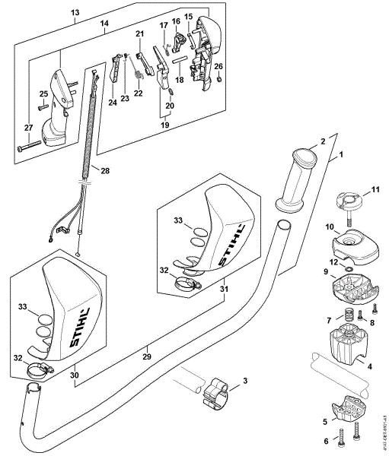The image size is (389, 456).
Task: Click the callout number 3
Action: tap(244, 380)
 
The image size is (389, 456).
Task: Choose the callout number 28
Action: tap(105, 170)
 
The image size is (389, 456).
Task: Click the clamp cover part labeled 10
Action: tap(352, 241)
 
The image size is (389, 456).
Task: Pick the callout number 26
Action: tap(218, 66)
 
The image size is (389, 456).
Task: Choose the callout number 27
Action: tap(27, 127)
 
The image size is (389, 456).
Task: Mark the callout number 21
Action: tap(139, 33)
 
